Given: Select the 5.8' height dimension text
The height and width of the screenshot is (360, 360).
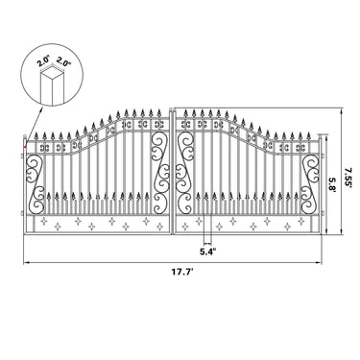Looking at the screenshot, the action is (x=332, y=182).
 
